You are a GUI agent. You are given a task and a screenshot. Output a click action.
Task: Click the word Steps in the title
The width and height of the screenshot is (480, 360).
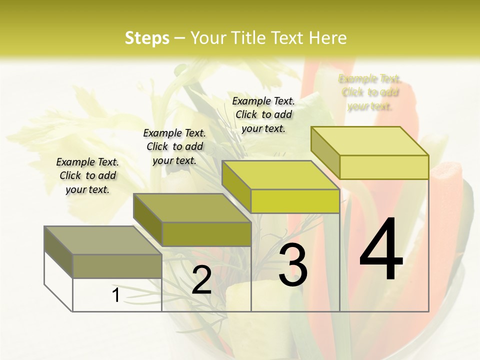[x=146, y=38]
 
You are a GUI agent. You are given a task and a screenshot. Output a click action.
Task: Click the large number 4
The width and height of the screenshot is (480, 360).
[x=381, y=250]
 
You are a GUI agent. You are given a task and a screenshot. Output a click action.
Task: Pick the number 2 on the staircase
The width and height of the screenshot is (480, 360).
[x=201, y=280]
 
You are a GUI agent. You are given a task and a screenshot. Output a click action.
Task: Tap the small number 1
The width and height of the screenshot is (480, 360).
[x=115, y=295]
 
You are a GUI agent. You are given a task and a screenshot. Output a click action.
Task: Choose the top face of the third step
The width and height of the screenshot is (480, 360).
[x=280, y=175]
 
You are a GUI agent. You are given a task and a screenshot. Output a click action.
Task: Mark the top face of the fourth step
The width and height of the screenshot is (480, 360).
[x=369, y=141]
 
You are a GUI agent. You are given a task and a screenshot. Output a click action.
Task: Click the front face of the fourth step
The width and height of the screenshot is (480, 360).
[x=384, y=167]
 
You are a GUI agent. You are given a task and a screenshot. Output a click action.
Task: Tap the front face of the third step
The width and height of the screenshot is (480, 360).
[x=295, y=201]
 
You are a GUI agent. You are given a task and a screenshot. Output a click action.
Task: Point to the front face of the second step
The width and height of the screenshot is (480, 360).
[x=206, y=234]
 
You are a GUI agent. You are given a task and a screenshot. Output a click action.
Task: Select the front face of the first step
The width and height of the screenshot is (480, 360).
[x=117, y=266]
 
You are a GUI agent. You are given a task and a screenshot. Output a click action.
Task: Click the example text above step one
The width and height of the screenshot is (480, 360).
[x=87, y=175]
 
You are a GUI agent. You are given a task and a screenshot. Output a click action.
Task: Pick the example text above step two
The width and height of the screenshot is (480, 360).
[x=174, y=146]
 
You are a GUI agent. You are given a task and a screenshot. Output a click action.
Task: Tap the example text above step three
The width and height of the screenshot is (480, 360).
[x=263, y=114]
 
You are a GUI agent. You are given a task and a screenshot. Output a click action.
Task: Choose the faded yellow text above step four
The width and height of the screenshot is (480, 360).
[x=369, y=92]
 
